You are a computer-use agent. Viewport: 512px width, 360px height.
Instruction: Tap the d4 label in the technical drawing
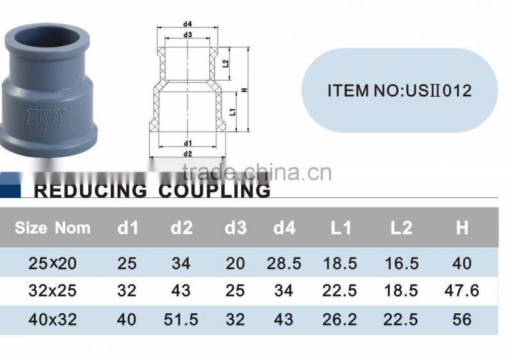click(189, 25)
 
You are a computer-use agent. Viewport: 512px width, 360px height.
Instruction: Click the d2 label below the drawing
click(188, 154)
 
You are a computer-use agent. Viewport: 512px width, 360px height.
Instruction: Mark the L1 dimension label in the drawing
click(232, 111)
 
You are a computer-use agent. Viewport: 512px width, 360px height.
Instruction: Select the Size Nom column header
click(52, 227)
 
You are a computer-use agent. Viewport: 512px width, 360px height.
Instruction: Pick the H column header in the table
click(462, 228)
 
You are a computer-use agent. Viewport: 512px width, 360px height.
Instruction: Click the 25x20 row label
click(53, 263)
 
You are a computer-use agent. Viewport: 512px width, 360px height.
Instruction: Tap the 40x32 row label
click(53, 319)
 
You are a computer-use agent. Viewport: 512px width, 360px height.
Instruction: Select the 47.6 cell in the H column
click(461, 291)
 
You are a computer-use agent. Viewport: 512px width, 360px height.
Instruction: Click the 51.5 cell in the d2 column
click(181, 319)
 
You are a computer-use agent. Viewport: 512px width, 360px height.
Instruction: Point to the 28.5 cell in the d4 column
click(284, 263)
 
